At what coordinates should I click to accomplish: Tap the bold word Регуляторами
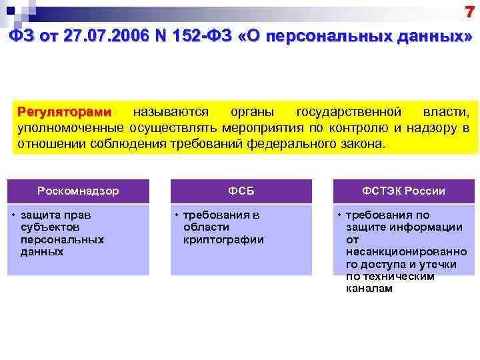click(x=65, y=110)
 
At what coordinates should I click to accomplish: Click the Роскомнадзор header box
click(x=78, y=191)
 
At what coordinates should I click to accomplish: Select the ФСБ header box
click(x=241, y=191)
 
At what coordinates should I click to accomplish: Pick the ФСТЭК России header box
click(x=403, y=191)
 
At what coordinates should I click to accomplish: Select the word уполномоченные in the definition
click(x=71, y=127)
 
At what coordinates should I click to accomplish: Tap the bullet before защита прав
click(x=14, y=215)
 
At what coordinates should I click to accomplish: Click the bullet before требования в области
click(x=177, y=215)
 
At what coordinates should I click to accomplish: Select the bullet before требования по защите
click(x=339, y=215)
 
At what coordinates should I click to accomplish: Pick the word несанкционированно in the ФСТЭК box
click(x=406, y=252)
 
